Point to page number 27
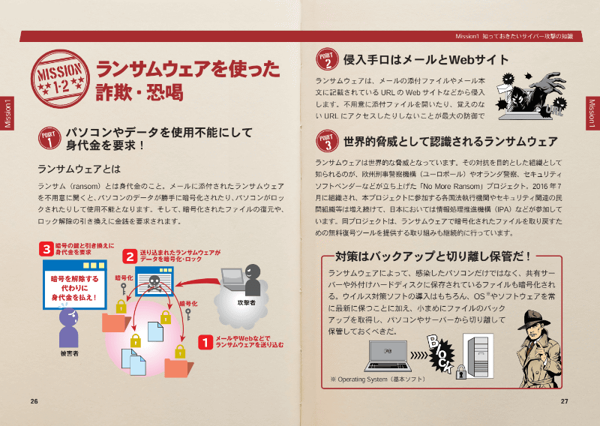click(565, 400)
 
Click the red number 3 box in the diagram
click(48, 248)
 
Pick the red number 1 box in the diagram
click(204, 342)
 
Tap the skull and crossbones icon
click(155, 283)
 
